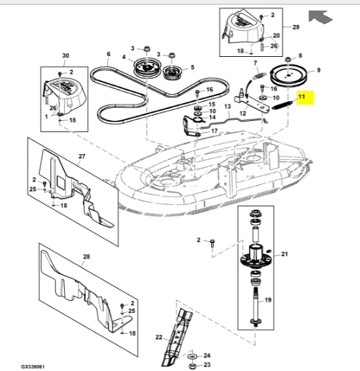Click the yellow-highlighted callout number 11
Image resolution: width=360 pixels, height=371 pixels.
(x=301, y=98)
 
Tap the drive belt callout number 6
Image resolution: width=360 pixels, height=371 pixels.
(x=108, y=54)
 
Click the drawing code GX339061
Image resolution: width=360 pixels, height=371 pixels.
(x=33, y=366)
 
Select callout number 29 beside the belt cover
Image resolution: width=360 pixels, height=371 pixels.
(x=295, y=27)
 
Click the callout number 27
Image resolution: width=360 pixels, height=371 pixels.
(x=82, y=156)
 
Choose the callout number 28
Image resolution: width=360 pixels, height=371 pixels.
(x=86, y=257)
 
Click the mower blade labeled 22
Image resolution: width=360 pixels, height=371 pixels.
(x=177, y=334)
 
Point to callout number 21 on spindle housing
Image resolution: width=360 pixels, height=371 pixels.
(x=284, y=254)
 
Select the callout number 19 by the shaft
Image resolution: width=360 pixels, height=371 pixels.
(x=269, y=300)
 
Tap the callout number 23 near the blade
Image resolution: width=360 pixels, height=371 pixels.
(x=207, y=365)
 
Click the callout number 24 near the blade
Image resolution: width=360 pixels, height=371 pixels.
(x=207, y=355)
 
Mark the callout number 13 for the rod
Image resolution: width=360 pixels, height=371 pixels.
(x=228, y=106)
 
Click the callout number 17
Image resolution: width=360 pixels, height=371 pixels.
(x=213, y=131)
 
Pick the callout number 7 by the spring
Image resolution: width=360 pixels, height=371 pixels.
(x=256, y=61)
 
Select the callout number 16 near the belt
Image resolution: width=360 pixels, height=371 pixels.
(x=209, y=89)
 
